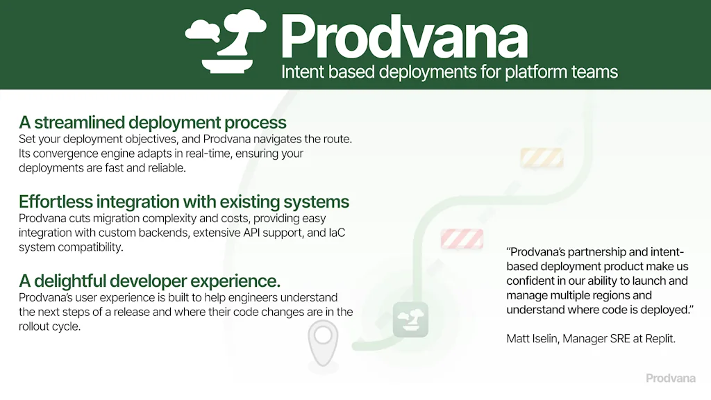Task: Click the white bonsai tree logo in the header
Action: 226,40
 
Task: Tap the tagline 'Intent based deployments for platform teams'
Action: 449,72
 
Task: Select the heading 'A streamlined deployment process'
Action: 153,123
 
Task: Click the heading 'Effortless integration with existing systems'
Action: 184,202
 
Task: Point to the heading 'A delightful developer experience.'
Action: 149,281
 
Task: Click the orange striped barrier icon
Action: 541,158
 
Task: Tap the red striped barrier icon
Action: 462,239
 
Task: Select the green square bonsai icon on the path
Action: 410,319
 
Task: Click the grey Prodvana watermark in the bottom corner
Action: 671,378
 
